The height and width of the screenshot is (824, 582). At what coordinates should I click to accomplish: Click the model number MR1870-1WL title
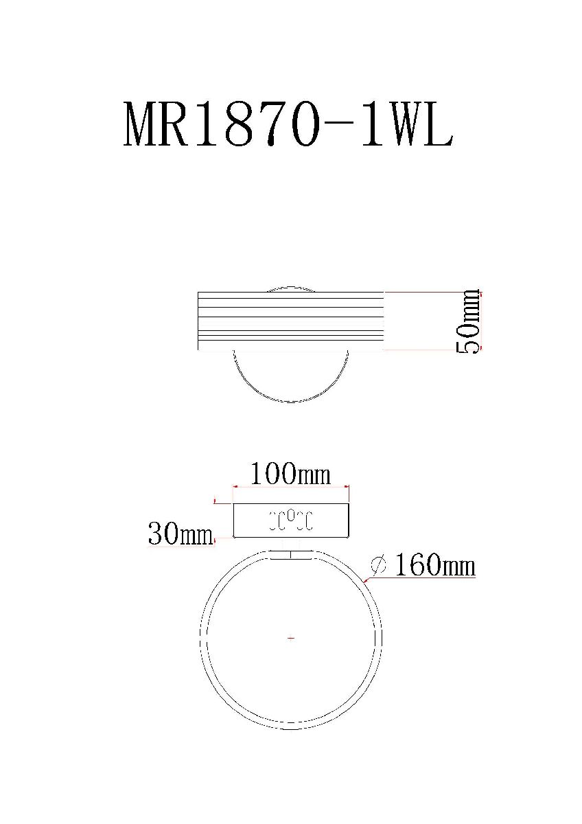(288, 125)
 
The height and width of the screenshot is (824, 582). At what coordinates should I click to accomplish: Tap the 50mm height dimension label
(468, 321)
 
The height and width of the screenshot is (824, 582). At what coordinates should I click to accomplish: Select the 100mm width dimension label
(290, 474)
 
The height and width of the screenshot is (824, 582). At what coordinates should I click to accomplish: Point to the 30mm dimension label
(181, 534)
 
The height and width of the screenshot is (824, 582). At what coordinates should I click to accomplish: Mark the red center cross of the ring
(291, 639)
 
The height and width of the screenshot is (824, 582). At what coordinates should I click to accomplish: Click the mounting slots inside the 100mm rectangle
(290, 520)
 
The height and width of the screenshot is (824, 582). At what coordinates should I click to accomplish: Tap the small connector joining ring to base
(290, 554)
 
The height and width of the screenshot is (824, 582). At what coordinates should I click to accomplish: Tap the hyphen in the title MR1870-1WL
(343, 126)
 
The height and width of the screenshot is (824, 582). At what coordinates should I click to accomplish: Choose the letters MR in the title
(158, 125)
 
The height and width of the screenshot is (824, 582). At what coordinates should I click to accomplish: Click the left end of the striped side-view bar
(200, 321)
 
